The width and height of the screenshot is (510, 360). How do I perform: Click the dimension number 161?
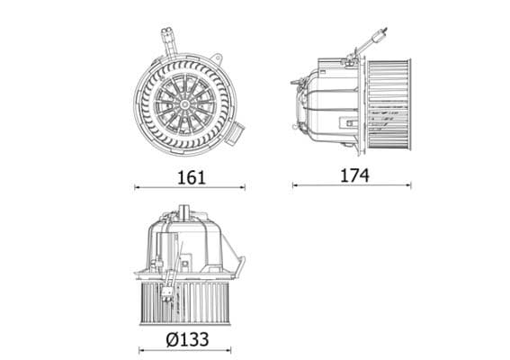click(190, 176)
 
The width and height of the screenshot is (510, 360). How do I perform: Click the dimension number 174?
click(353, 175)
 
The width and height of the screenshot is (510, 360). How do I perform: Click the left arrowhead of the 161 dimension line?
click(136, 188)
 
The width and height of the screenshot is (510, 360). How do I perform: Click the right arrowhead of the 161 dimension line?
click(244, 188)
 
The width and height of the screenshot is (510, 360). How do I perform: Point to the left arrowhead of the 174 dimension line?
click(294, 186)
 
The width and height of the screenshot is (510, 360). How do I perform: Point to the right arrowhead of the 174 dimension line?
click(409, 186)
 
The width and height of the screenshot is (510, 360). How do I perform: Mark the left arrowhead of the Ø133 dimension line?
click(141, 350)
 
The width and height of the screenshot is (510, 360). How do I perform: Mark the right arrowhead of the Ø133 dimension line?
click(228, 350)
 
